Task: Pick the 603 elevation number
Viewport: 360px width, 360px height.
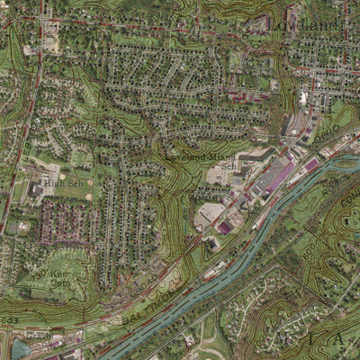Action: point(9,320)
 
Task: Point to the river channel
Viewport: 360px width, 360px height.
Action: point(225,261)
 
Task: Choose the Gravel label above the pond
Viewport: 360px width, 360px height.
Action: point(36,330)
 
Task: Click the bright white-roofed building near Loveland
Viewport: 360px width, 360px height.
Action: point(303,97)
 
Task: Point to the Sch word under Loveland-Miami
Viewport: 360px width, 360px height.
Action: point(229,166)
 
